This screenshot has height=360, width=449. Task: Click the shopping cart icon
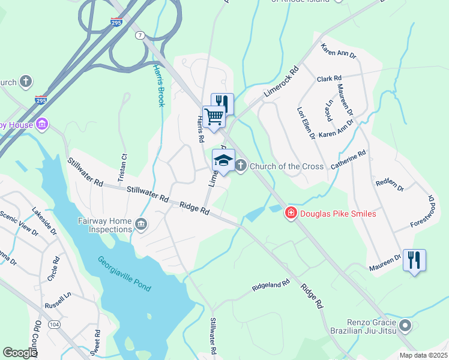[214, 116]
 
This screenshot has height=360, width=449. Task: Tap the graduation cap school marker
[223, 161]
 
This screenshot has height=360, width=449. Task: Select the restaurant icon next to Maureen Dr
[414, 260]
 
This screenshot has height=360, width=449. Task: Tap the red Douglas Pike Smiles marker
[291, 213]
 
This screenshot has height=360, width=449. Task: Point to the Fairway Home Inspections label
[104, 225]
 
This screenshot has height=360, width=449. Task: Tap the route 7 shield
[140, 35]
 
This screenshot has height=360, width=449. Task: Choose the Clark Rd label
[329, 79]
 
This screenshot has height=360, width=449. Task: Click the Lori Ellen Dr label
[306, 123]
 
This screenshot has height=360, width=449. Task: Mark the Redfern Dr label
[388, 182]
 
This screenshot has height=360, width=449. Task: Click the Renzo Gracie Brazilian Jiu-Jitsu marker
[405, 326]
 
